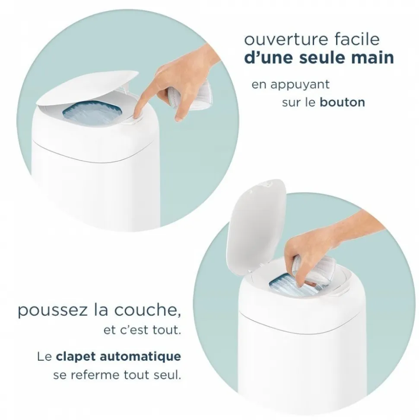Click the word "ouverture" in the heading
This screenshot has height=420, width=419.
(286, 40)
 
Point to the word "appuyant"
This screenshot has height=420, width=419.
(299, 85)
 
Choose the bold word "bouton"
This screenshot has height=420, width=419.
(342, 102)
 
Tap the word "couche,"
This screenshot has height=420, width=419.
(147, 310)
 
